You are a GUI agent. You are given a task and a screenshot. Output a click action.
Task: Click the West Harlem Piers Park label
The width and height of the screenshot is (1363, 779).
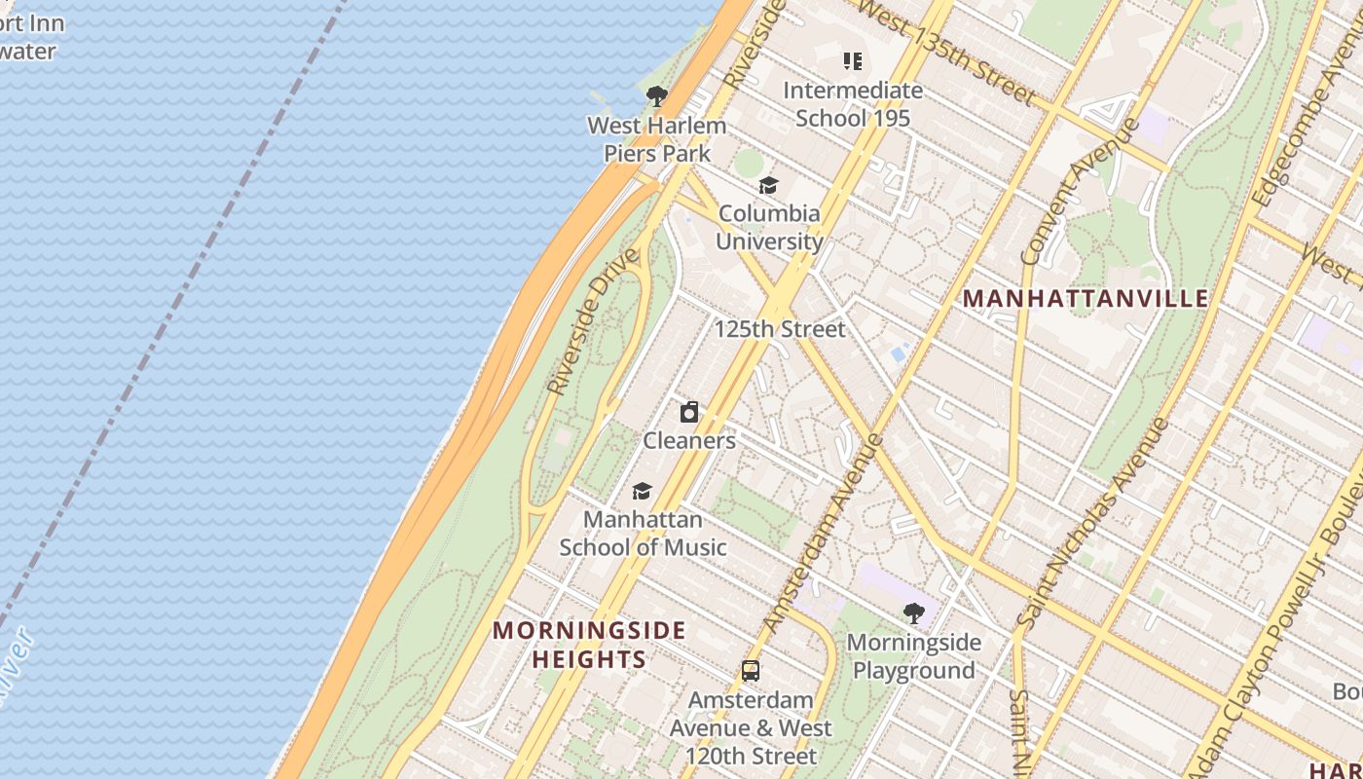coord(656,139)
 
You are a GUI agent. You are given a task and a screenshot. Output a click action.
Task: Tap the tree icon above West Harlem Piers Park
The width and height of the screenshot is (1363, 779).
coord(656,95)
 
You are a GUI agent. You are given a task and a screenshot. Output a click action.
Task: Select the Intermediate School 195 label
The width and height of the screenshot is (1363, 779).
coord(853,104)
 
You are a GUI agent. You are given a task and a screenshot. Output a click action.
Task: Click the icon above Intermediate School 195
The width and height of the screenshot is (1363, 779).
coord(853,62)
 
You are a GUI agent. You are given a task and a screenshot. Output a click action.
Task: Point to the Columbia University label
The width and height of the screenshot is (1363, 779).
coord(769,227)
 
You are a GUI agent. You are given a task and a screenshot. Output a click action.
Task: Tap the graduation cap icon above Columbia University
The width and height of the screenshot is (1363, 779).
coord(769,185)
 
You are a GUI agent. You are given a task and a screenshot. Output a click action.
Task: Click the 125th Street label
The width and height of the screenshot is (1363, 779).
coord(780,329)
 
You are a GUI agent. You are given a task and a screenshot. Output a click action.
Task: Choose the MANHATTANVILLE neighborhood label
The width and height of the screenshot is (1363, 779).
coord(1086,299)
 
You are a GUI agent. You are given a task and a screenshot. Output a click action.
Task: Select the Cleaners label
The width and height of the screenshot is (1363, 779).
coord(689,440)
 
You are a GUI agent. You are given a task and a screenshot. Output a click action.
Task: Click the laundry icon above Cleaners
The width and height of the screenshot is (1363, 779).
coord(689,412)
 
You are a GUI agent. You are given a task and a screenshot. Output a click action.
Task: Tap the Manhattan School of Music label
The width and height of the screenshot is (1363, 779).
coord(643,534)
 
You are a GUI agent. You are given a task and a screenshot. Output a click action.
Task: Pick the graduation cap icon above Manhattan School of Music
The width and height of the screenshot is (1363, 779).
coord(642,491)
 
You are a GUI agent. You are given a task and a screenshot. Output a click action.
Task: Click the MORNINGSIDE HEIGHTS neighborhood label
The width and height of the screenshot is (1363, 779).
coord(589,645)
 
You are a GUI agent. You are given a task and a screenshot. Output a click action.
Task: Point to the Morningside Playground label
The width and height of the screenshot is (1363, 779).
coord(913,656)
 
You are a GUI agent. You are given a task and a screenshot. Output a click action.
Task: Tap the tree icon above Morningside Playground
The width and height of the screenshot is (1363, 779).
coord(913,612)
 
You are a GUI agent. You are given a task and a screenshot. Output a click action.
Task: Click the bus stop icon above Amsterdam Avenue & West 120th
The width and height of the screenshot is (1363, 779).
coord(750,671)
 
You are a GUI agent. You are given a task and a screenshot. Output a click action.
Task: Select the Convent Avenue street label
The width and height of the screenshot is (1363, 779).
coord(1080,192)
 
